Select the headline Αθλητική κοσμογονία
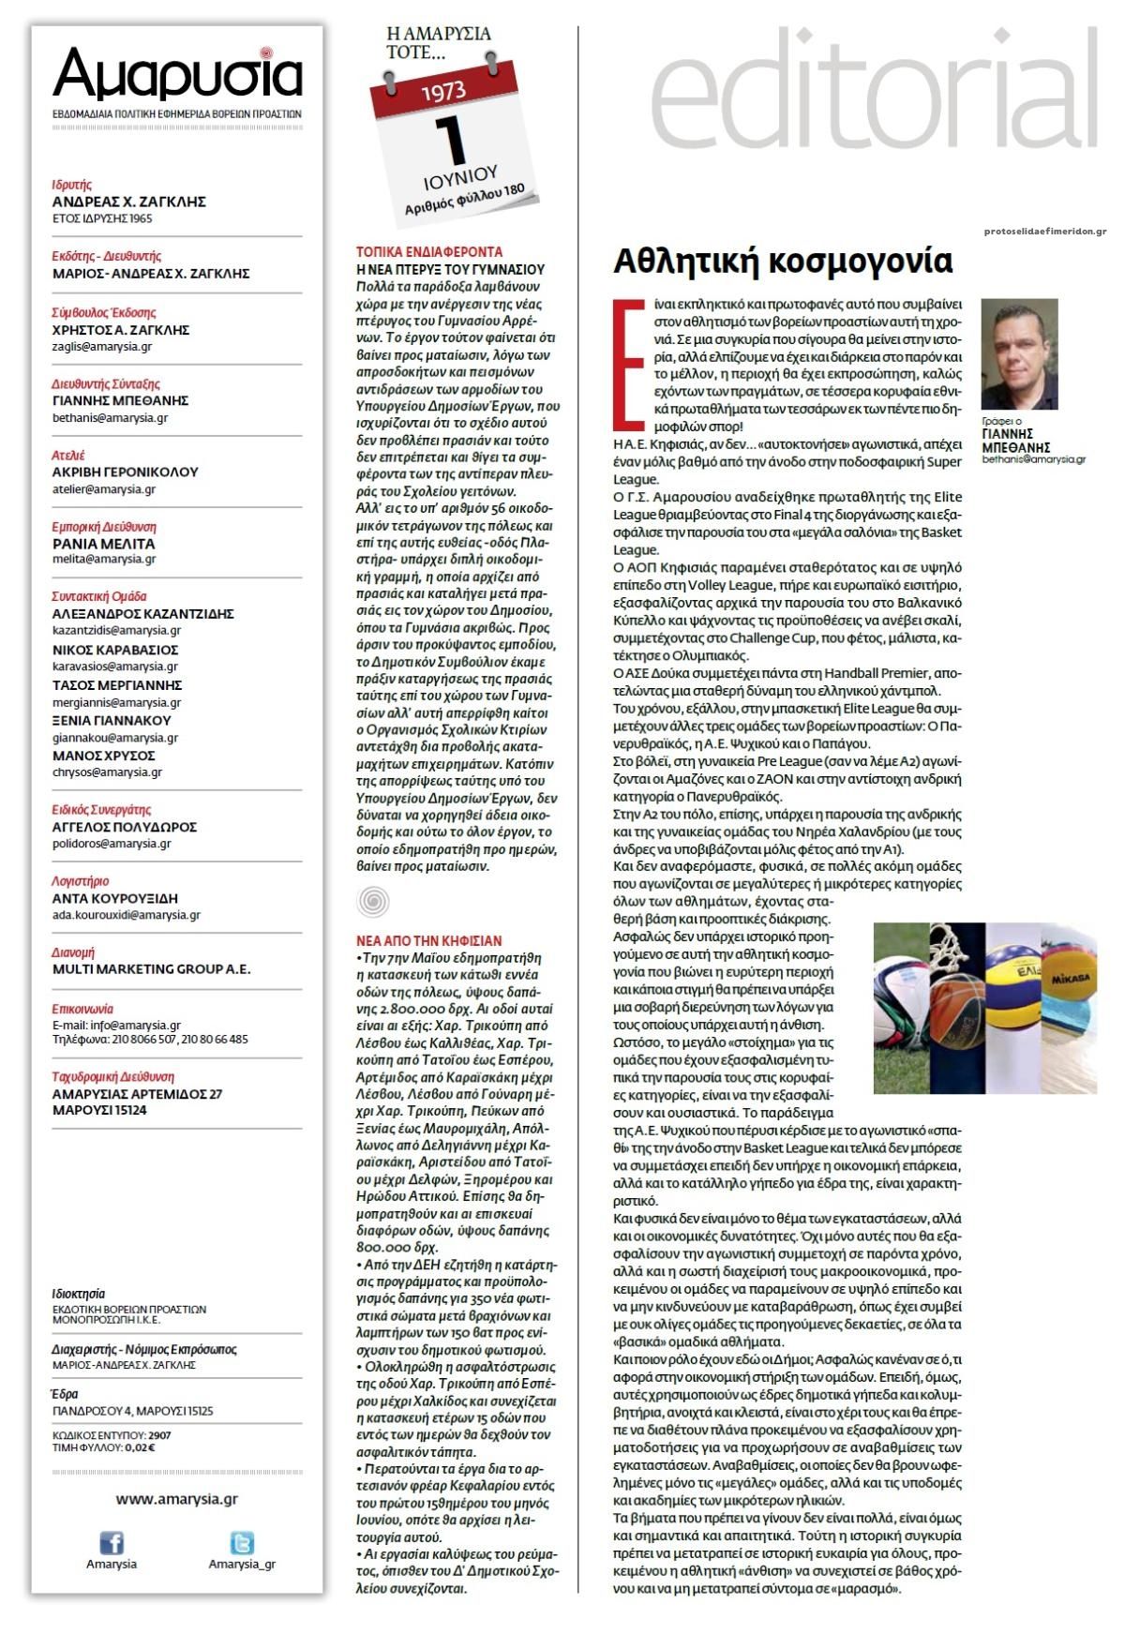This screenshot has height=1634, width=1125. [x=783, y=262]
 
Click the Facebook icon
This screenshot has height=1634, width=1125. [x=112, y=1543]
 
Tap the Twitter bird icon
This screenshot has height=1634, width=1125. [x=242, y=1543]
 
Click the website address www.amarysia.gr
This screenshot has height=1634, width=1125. [x=177, y=1499]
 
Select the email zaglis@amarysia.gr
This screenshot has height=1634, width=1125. [x=102, y=347]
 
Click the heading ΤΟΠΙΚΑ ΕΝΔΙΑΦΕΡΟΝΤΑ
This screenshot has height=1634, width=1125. [x=429, y=252]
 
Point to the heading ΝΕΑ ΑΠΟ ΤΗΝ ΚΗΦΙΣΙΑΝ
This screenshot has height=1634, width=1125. [x=429, y=940]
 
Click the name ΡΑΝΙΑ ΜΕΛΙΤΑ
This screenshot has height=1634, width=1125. [x=104, y=544]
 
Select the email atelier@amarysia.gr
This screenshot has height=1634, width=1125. [x=104, y=489]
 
